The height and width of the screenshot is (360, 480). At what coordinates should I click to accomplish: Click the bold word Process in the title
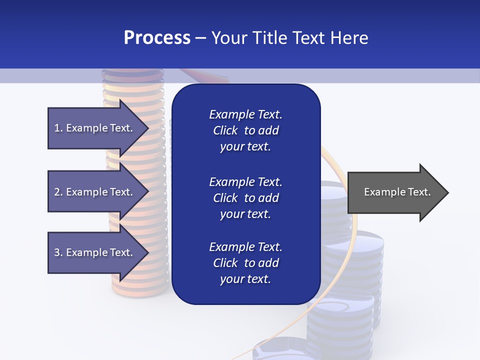click(157, 38)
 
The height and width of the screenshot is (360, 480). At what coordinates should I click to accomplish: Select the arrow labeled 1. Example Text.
click(95, 128)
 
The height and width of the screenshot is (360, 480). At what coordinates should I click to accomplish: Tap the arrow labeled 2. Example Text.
click(95, 192)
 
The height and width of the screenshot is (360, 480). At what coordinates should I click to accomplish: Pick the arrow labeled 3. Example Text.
click(95, 252)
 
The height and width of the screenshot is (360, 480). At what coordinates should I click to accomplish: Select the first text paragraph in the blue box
click(245, 130)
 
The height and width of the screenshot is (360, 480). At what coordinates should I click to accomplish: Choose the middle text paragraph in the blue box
click(245, 198)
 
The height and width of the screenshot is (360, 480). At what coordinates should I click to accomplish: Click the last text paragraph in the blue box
click(245, 263)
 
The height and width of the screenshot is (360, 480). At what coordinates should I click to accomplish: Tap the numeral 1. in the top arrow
click(58, 128)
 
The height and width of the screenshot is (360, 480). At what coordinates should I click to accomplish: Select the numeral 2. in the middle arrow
click(58, 192)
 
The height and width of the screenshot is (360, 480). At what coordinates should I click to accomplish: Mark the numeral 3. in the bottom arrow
click(58, 252)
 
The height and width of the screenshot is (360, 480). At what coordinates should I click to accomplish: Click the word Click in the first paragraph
click(225, 130)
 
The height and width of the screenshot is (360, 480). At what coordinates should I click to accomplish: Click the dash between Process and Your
click(200, 38)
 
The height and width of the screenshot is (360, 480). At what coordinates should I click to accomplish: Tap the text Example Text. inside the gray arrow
click(397, 192)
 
